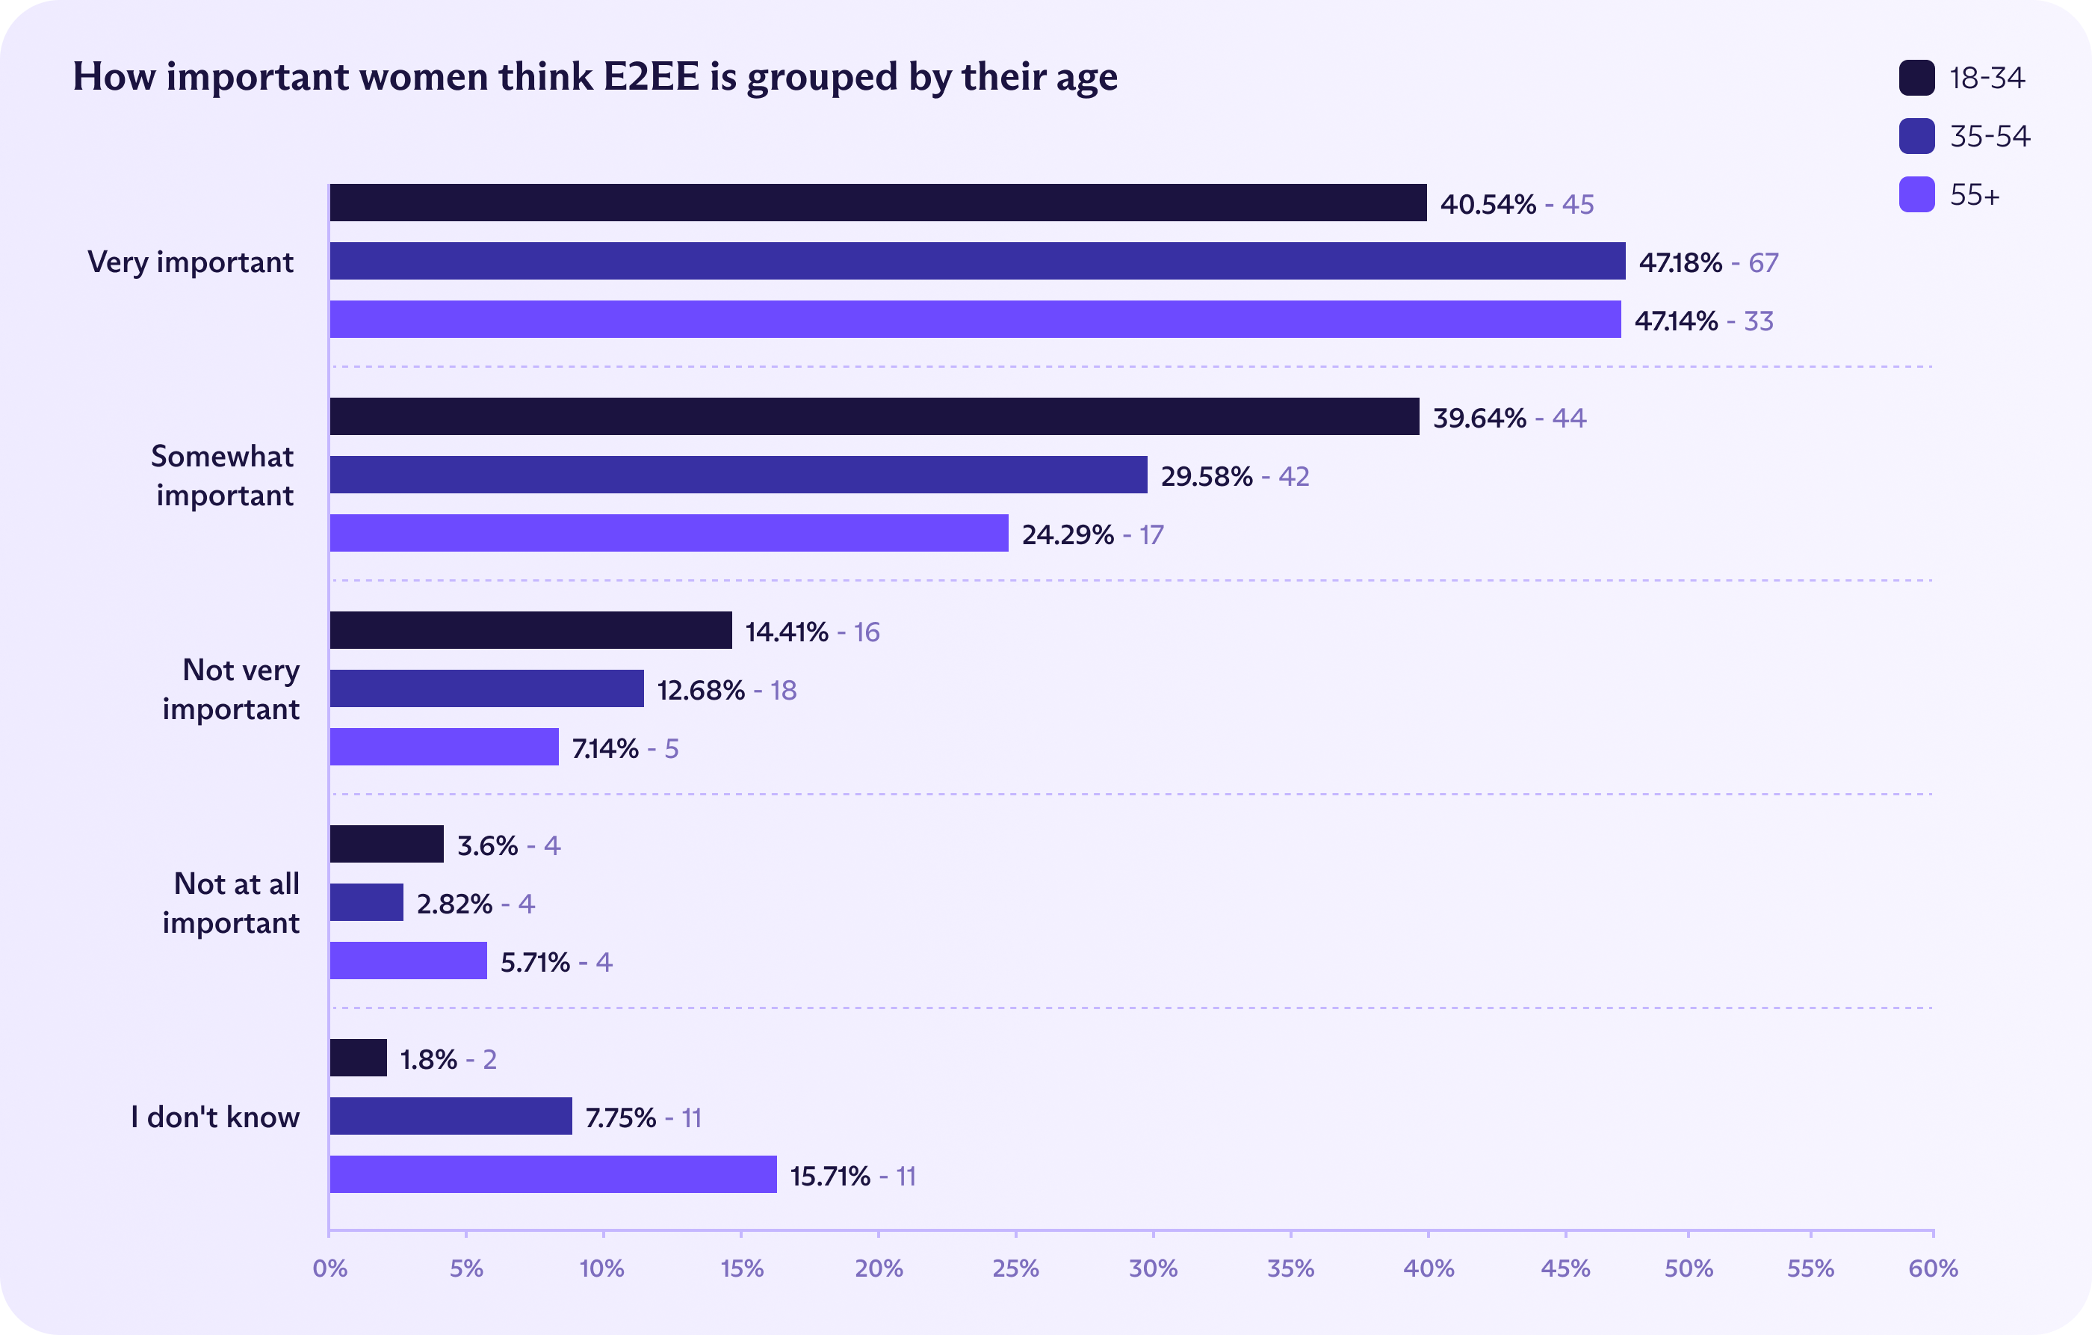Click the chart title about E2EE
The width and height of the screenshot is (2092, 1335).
click(x=595, y=76)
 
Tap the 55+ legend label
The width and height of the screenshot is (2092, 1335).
click(x=1975, y=194)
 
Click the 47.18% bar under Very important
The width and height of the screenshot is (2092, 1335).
click(x=977, y=261)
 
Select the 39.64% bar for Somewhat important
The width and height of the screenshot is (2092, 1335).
click(x=874, y=416)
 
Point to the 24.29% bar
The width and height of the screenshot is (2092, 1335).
click(x=669, y=533)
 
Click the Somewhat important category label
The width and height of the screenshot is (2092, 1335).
click(x=223, y=475)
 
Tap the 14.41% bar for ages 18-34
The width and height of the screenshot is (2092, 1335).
click(x=530, y=630)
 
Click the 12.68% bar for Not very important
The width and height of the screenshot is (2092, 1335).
click(x=486, y=688)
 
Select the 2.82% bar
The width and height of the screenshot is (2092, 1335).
click(x=367, y=902)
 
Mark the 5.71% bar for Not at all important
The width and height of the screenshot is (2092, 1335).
click(x=409, y=961)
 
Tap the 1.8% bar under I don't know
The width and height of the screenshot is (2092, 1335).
click(x=358, y=1058)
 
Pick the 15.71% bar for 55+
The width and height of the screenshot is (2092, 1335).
click(x=553, y=1174)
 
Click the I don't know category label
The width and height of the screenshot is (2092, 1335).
click(x=215, y=1117)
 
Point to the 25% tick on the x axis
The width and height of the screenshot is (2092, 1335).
click(x=1015, y=1268)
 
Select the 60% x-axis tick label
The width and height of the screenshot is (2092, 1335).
click(x=1933, y=1268)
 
